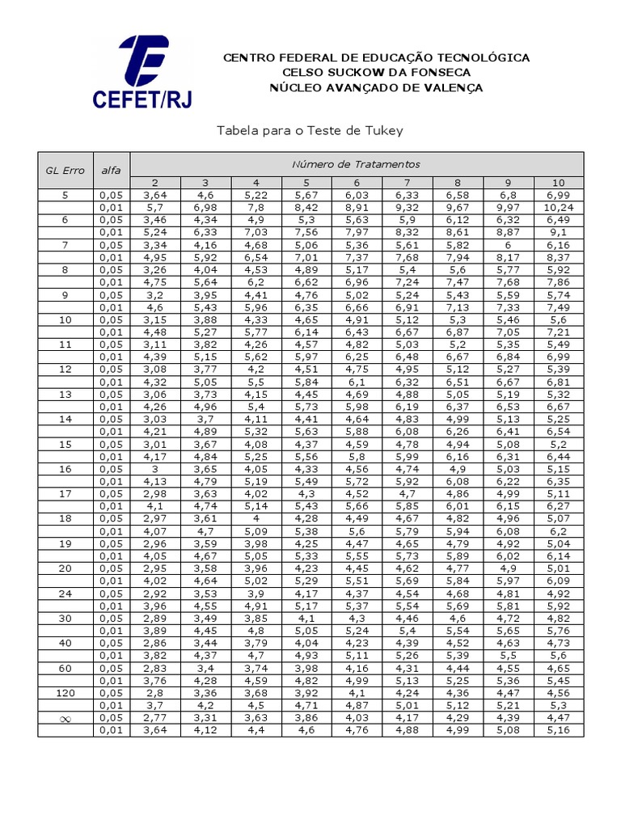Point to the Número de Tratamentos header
point(357,164)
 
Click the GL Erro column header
point(65,171)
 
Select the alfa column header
point(111,171)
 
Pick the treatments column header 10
point(559,183)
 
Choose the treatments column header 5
point(306,183)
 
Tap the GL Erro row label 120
point(65,693)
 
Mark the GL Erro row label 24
point(65,593)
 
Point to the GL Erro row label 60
point(65,668)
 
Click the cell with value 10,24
point(559,208)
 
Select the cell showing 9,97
point(509,208)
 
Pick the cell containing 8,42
point(306,208)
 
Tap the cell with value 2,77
point(154,717)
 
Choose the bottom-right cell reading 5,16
point(559,730)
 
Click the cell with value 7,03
point(256,232)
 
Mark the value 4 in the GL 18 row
point(256,518)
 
